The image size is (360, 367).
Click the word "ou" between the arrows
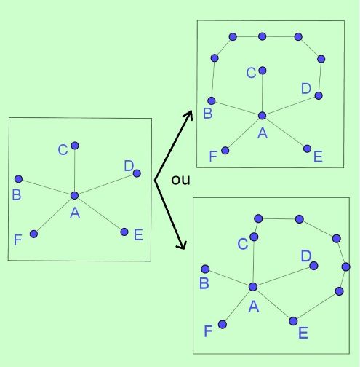point(180,180)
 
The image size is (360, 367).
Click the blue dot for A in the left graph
point(75,195)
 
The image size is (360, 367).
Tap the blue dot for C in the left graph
point(75,146)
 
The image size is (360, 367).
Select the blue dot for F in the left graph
point(34,234)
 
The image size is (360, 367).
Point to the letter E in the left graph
point(138,234)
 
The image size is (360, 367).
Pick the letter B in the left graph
point(17,194)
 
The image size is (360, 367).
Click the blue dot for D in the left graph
point(137,173)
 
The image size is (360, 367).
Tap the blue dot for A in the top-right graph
point(262,116)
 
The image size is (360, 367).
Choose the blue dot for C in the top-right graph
point(263,71)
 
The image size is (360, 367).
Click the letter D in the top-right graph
point(306,88)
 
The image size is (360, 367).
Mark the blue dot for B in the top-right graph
point(212,100)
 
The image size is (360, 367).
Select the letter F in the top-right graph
point(213,157)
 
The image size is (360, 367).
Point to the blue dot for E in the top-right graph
point(307,149)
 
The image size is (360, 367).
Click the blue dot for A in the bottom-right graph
point(253,287)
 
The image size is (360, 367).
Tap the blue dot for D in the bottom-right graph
point(313,266)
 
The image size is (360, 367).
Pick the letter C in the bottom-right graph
point(243,244)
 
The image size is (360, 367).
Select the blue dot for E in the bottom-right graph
point(293,321)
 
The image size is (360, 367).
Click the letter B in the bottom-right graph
point(204,283)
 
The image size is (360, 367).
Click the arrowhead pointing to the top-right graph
point(189,114)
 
